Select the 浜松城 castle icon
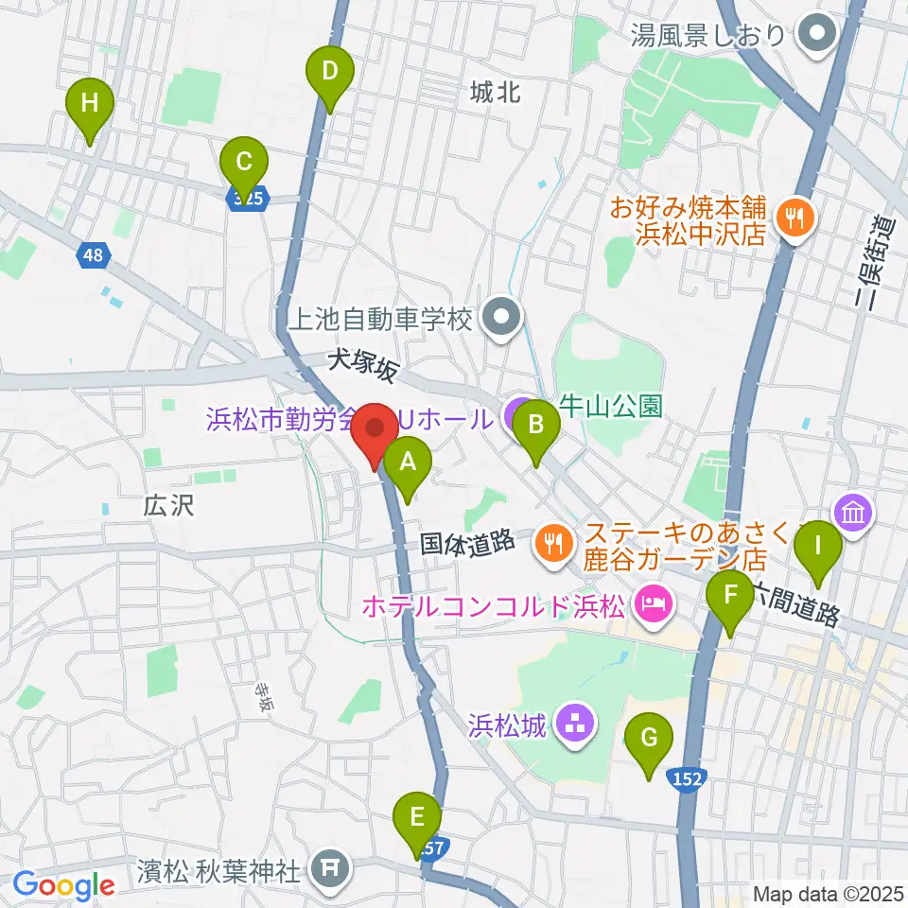pyautogui.click(x=573, y=725)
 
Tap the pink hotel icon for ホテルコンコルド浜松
pyautogui.click(x=652, y=602)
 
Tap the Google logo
pyautogui.click(x=64, y=886)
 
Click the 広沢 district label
pyautogui.click(x=170, y=506)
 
